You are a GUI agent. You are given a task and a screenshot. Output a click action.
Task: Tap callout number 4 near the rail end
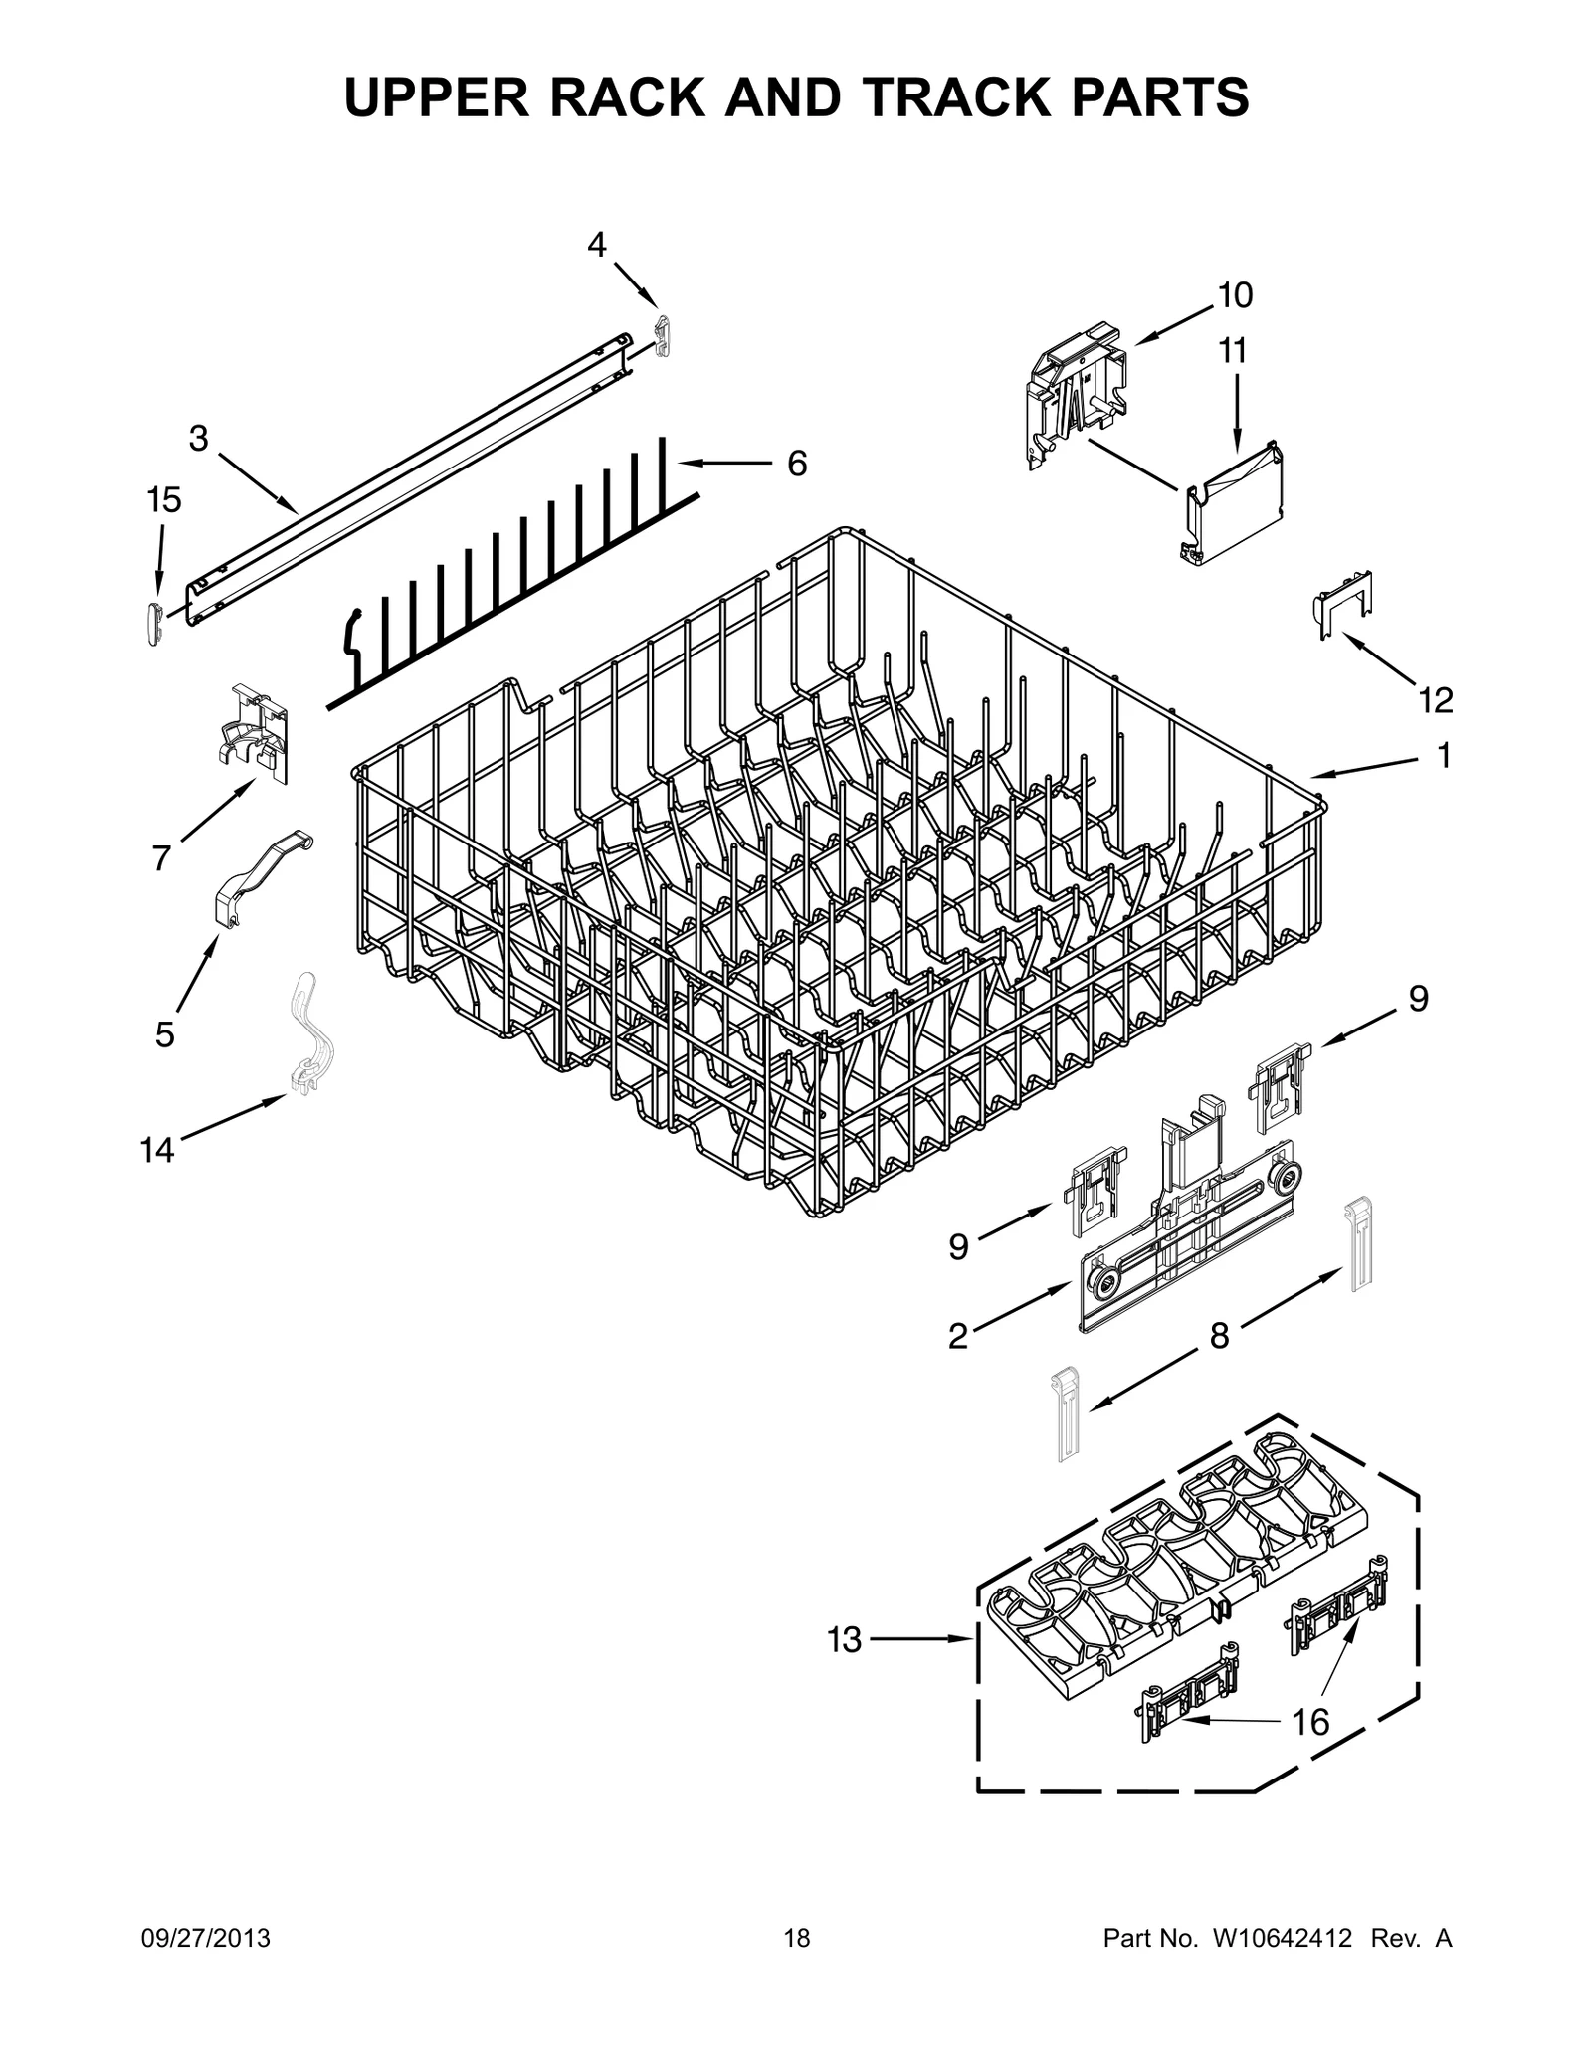pyautogui.click(x=596, y=245)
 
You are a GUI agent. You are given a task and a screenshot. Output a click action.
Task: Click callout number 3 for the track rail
pyautogui.click(x=199, y=438)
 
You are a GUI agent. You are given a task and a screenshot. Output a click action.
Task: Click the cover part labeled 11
pyautogui.click(x=1234, y=504)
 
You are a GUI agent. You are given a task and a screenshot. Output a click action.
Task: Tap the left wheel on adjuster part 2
pyautogui.click(x=1101, y=1284)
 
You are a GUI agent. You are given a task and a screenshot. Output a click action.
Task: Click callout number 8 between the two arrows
pyautogui.click(x=1220, y=1336)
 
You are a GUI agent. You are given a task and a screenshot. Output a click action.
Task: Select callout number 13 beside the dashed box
pyautogui.click(x=844, y=1639)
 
